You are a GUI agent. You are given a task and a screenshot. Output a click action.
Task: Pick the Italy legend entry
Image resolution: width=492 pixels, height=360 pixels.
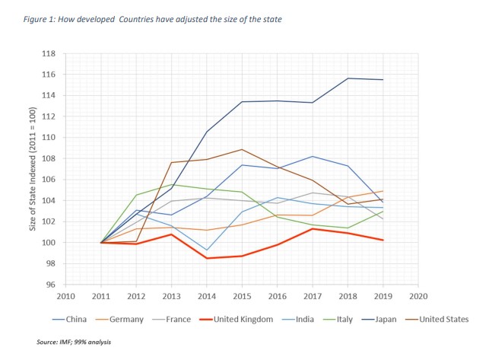tap(338, 320)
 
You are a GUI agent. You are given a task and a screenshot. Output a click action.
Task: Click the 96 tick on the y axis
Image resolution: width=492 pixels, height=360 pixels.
tap(52, 285)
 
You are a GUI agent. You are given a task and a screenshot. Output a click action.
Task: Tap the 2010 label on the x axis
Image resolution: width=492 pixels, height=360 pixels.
tap(65, 296)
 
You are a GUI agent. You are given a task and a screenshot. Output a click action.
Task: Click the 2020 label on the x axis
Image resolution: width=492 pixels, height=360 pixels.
tap(417, 296)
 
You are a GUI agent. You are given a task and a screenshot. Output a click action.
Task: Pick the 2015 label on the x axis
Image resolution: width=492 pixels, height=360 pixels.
tap(240, 296)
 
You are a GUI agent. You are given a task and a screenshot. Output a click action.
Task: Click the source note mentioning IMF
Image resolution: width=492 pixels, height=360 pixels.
tap(73, 342)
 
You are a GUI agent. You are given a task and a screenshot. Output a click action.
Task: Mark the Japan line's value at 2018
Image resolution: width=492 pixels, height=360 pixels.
tap(347, 78)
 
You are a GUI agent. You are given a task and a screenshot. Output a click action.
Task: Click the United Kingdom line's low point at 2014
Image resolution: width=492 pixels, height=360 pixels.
tap(206, 259)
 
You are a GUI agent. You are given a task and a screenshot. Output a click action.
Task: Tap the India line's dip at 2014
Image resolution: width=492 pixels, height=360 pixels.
tap(206, 250)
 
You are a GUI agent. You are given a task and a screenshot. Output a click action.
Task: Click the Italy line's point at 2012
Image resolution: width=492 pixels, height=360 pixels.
tap(135, 195)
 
